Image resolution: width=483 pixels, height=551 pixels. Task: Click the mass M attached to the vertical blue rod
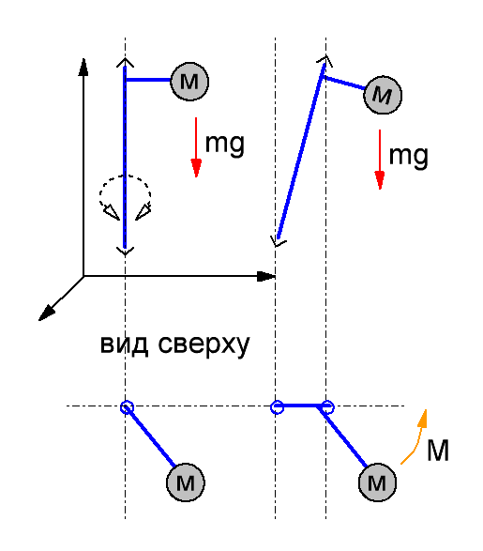pos(189,82)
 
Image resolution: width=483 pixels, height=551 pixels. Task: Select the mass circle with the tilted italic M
pos(383,95)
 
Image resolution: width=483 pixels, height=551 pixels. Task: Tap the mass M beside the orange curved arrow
pos(377,482)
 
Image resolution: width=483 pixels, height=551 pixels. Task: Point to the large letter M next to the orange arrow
pos(438,451)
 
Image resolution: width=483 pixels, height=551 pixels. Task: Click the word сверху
pos(204,344)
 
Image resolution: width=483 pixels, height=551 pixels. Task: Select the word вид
pos(124,344)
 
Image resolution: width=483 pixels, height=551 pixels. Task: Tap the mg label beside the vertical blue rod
pos(225,144)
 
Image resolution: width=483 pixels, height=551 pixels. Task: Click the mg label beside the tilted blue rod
pos(409,157)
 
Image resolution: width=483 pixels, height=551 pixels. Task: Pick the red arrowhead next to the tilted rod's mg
pos(380,180)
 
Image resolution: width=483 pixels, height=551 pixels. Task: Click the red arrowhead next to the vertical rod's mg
pos(196,168)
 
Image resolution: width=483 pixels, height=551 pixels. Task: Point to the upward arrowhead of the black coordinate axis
pos(83,67)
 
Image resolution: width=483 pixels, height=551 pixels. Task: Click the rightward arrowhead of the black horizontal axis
pos(266,277)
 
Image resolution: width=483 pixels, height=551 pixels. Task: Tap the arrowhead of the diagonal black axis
pos(46,313)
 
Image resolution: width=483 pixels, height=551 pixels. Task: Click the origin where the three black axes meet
pos(83,277)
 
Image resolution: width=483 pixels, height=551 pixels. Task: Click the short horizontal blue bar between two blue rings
pos(302,406)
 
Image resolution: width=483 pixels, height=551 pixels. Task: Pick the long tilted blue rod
pos(300,151)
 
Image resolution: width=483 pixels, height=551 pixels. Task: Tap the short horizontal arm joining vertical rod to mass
pos(148,80)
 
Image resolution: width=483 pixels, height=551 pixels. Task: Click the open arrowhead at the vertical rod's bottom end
pos(125,251)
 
